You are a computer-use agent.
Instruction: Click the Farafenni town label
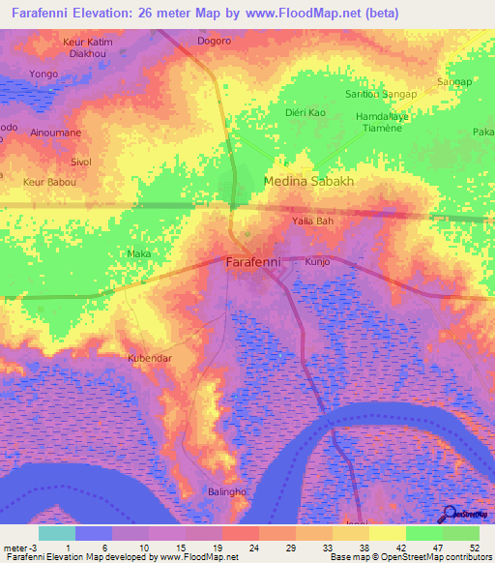tap(254, 262)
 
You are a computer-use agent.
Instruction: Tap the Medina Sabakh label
tap(309, 181)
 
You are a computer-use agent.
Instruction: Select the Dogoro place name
tap(214, 42)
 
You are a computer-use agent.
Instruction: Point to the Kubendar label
tap(149, 357)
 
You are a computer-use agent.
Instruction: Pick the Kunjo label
tap(317, 262)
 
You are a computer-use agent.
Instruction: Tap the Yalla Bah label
tap(312, 221)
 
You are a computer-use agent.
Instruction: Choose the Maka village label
tap(138, 254)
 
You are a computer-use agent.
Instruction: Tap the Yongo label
tap(44, 74)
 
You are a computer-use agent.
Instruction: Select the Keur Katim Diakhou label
tap(87, 49)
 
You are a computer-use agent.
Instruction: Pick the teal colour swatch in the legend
tap(57, 532)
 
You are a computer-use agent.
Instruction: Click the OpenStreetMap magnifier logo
tap(451, 514)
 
